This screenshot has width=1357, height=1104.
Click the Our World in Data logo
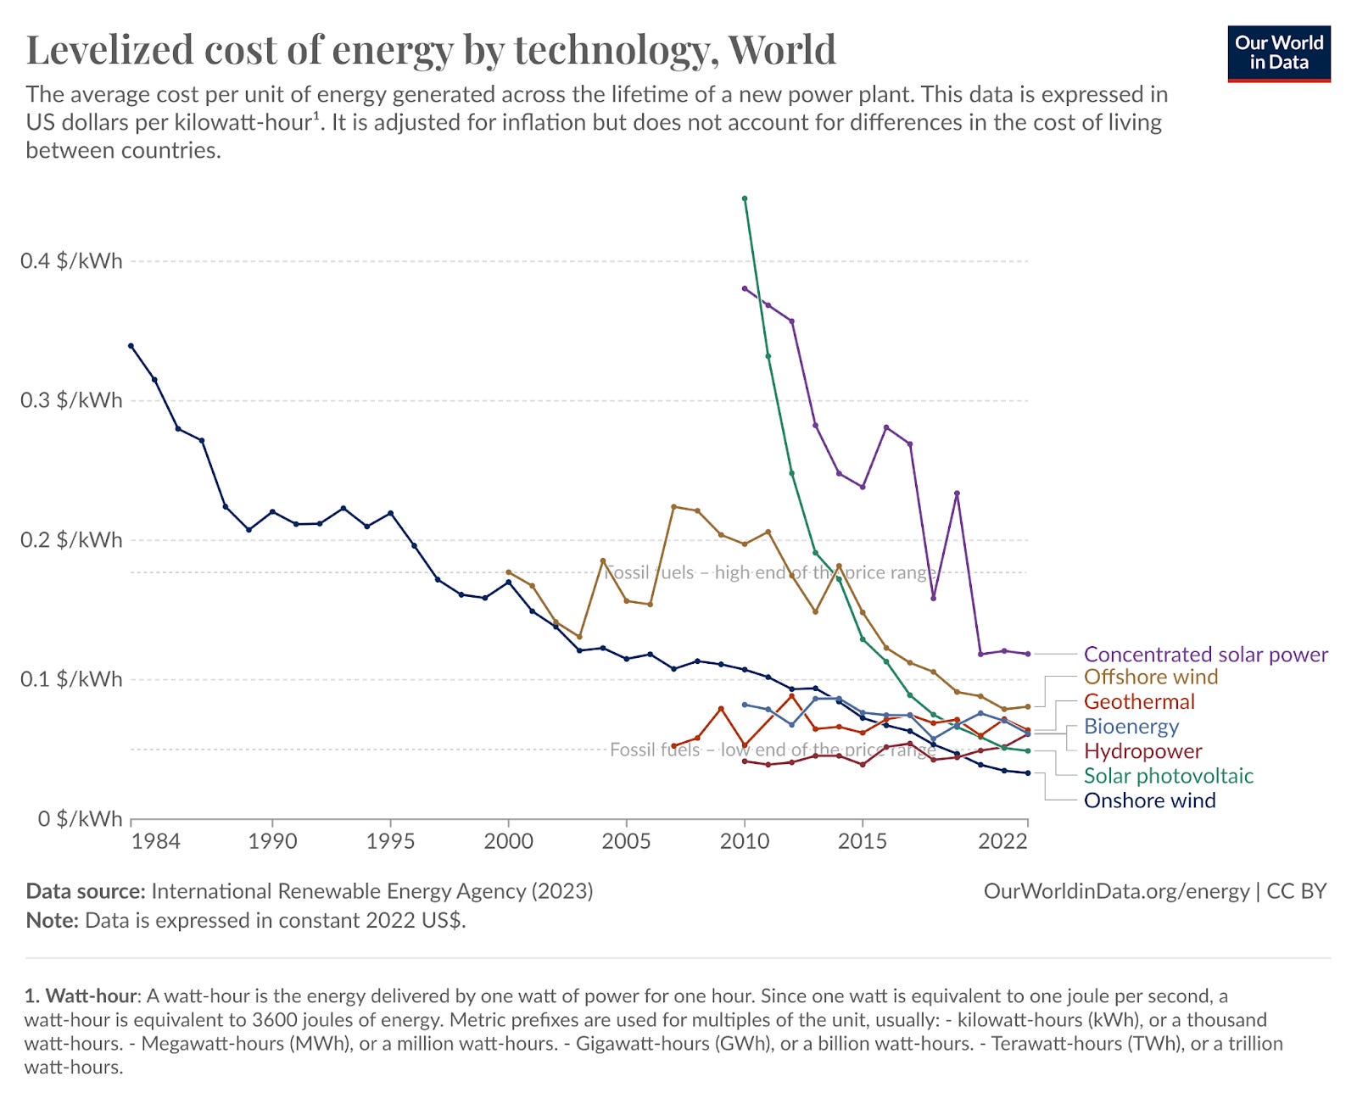tap(1278, 53)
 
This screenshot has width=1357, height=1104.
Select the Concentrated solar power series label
tap(1205, 655)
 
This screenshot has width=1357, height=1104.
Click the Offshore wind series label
tap(1150, 677)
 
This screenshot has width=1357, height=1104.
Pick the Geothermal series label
tap(1138, 702)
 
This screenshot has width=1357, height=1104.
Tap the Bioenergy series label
tap(1131, 727)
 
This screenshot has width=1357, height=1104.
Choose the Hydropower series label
tap(1142, 751)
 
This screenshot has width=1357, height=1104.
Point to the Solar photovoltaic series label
tap(1168, 776)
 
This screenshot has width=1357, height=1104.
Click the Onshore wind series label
tap(1149, 800)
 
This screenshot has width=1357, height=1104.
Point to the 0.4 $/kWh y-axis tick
tap(71, 261)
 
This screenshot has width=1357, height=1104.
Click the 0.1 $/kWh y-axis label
tap(71, 679)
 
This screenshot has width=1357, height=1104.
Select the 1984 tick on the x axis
tap(156, 841)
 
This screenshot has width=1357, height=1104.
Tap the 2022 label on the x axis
tap(1003, 841)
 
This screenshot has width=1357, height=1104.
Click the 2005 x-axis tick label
tap(626, 841)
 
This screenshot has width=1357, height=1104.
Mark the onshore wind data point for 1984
tap(131, 346)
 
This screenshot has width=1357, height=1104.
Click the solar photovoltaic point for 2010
tap(745, 198)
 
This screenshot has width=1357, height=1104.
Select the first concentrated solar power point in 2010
tap(745, 288)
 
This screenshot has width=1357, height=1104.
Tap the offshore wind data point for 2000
tap(508, 572)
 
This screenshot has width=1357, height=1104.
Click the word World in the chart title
tap(782, 49)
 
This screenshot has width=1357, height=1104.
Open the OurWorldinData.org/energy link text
tap(1116, 891)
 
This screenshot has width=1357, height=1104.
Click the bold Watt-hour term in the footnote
tap(91, 995)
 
